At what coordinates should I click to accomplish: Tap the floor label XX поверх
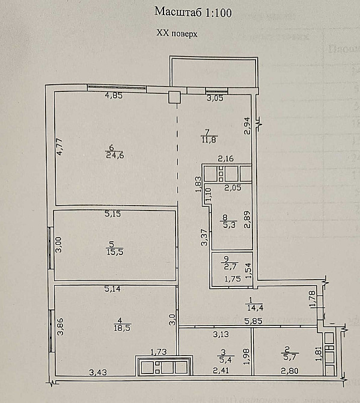tap(177, 34)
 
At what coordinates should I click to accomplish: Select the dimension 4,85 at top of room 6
tap(114, 96)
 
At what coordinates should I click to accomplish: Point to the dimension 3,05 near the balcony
tap(215, 99)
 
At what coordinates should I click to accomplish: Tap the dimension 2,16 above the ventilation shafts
tap(225, 159)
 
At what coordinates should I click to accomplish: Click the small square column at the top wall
tap(174, 97)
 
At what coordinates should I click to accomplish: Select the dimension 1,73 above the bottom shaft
tap(158, 351)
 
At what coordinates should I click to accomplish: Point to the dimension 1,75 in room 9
tap(233, 278)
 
